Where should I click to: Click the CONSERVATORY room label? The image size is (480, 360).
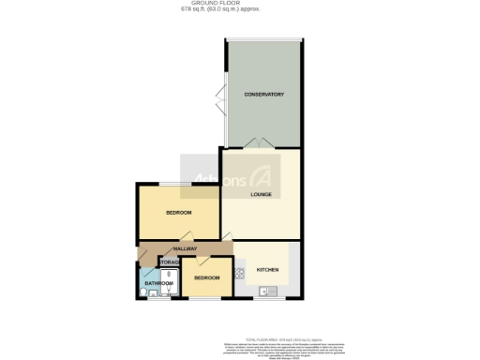click(263, 95)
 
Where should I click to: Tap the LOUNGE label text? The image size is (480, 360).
click(262, 195)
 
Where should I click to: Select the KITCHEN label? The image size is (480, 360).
click(267, 270)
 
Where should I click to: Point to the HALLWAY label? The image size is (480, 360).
click(184, 248)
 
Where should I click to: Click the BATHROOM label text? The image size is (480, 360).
click(158, 283)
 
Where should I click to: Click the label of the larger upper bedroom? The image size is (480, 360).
click(178, 213)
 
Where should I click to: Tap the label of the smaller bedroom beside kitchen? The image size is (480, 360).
click(206, 278)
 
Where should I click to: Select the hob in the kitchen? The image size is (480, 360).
click(240, 274)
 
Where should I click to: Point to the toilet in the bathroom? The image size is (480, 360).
click(143, 292)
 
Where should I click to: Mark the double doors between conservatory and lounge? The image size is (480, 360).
click(260, 143)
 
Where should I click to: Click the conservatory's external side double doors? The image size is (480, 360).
click(220, 97)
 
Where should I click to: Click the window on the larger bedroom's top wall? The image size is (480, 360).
click(177, 183)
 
